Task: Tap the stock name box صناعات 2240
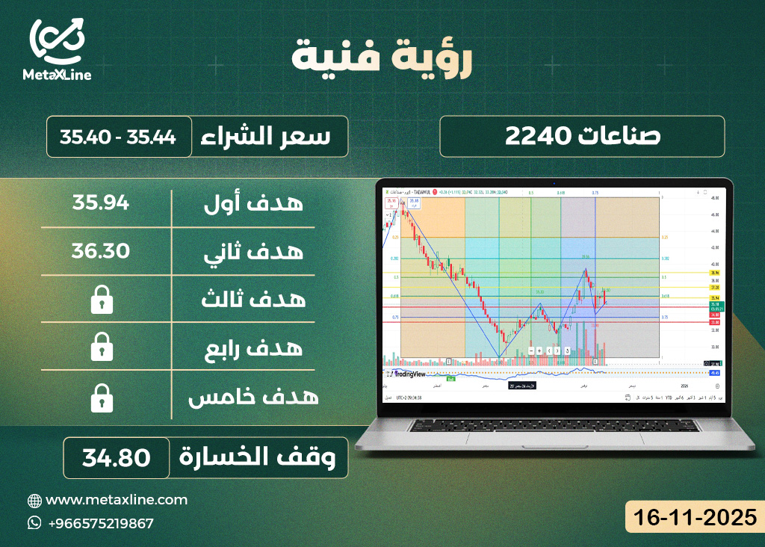582,136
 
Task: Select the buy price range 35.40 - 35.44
119,137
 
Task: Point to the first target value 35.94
101,202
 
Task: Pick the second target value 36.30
101,250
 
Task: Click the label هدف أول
254,203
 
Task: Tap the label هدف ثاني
254,251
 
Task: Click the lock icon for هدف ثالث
101,300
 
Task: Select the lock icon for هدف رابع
101,347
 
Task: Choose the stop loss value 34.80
116,457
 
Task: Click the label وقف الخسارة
262,457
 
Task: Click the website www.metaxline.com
117,499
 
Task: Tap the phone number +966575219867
100,523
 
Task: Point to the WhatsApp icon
34,523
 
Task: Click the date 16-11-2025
694,517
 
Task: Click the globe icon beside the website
34,500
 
